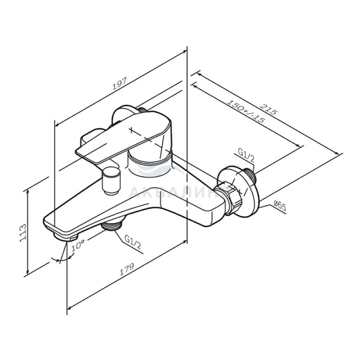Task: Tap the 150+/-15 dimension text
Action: (x=246, y=113)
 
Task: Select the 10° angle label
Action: (x=78, y=246)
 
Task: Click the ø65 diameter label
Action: (x=280, y=205)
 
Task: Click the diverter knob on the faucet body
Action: (x=110, y=180)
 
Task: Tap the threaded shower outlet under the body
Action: (x=113, y=224)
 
